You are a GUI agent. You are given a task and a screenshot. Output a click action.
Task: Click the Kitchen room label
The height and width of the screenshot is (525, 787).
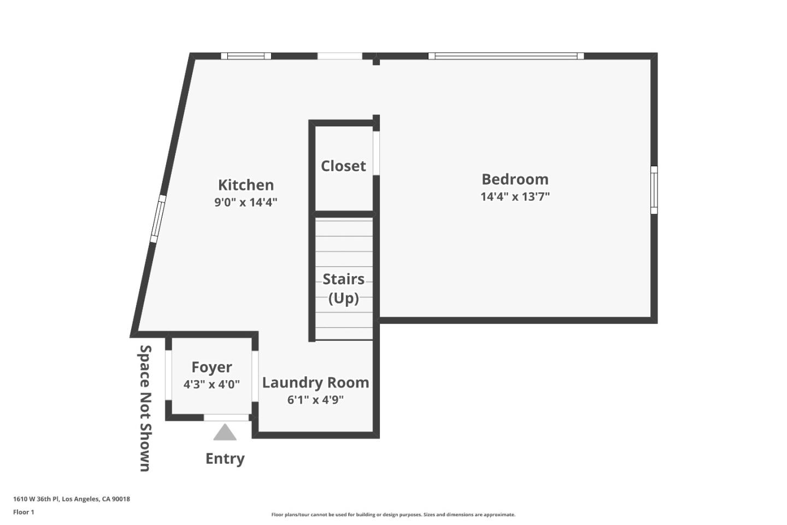(246, 185)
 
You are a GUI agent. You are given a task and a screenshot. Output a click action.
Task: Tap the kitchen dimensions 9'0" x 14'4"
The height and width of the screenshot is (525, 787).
(246, 202)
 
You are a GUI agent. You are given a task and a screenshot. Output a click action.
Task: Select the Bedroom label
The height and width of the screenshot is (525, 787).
(515, 179)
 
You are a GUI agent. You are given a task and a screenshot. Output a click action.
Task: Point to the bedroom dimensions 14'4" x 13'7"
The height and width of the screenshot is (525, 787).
(515, 196)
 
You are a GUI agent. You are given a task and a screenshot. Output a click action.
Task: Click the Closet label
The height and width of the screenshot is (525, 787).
(343, 166)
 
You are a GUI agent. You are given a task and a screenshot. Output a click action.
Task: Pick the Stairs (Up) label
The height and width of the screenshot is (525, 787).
(344, 288)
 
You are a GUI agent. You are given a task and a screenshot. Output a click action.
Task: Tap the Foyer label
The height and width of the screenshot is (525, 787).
(212, 367)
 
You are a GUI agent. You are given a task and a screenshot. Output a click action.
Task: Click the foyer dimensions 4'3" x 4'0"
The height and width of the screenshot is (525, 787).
(212, 384)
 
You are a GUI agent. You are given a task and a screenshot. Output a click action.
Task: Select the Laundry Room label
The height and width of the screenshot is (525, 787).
(315, 382)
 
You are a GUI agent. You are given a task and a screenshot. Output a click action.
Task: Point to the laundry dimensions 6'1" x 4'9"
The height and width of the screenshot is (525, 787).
(315, 400)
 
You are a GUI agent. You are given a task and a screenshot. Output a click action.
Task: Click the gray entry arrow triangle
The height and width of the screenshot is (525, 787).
(225, 433)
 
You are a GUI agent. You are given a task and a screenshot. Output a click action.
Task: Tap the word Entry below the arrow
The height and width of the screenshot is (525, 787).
(225, 458)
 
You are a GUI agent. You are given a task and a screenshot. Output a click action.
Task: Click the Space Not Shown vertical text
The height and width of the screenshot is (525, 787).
(145, 407)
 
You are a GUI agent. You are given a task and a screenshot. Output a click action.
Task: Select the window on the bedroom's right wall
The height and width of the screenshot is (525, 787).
(654, 190)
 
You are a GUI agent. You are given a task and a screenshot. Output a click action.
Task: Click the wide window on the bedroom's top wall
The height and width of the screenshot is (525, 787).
(506, 56)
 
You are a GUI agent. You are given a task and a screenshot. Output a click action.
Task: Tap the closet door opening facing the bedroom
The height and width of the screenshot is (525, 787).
(376, 153)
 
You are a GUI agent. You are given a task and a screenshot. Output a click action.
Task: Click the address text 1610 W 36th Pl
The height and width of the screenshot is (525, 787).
(72, 499)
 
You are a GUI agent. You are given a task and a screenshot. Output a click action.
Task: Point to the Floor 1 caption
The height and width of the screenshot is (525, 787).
(24, 512)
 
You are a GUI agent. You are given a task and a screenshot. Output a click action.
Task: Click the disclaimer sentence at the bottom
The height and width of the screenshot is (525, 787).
(393, 515)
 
